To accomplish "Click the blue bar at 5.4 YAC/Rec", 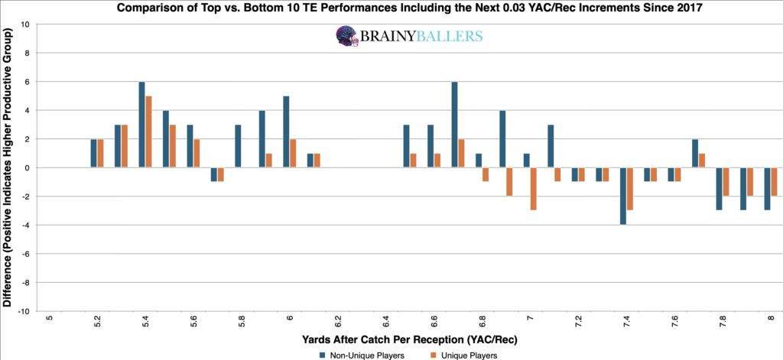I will (142, 125).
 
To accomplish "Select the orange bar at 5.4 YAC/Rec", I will (149, 131).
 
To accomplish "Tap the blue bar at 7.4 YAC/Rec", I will (623, 196).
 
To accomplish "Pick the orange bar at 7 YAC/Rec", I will (534, 189).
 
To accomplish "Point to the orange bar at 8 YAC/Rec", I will (774, 182).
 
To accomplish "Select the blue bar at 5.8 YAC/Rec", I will (238, 146).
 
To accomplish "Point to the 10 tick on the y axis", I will (24, 24).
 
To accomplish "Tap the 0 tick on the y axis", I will (27, 167).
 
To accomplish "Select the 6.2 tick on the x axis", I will (338, 321).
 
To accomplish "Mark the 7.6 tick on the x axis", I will (675, 321).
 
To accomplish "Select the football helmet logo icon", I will (346, 36).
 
